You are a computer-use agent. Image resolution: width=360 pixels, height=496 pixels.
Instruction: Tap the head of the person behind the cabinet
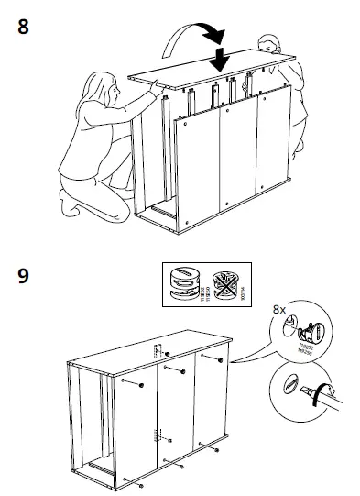coord(267,47)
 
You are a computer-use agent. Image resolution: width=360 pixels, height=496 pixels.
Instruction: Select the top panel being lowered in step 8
coord(215,72)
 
